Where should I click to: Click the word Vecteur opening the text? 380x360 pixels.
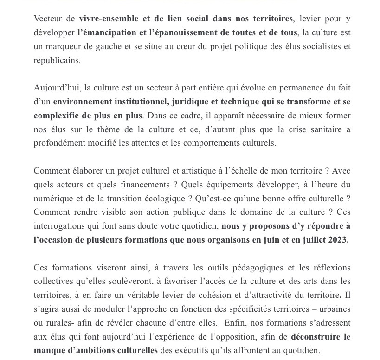point(48,19)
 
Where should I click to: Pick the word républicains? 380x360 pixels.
point(57,60)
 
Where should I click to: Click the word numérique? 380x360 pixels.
point(52,198)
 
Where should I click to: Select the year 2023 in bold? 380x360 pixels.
point(338,239)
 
